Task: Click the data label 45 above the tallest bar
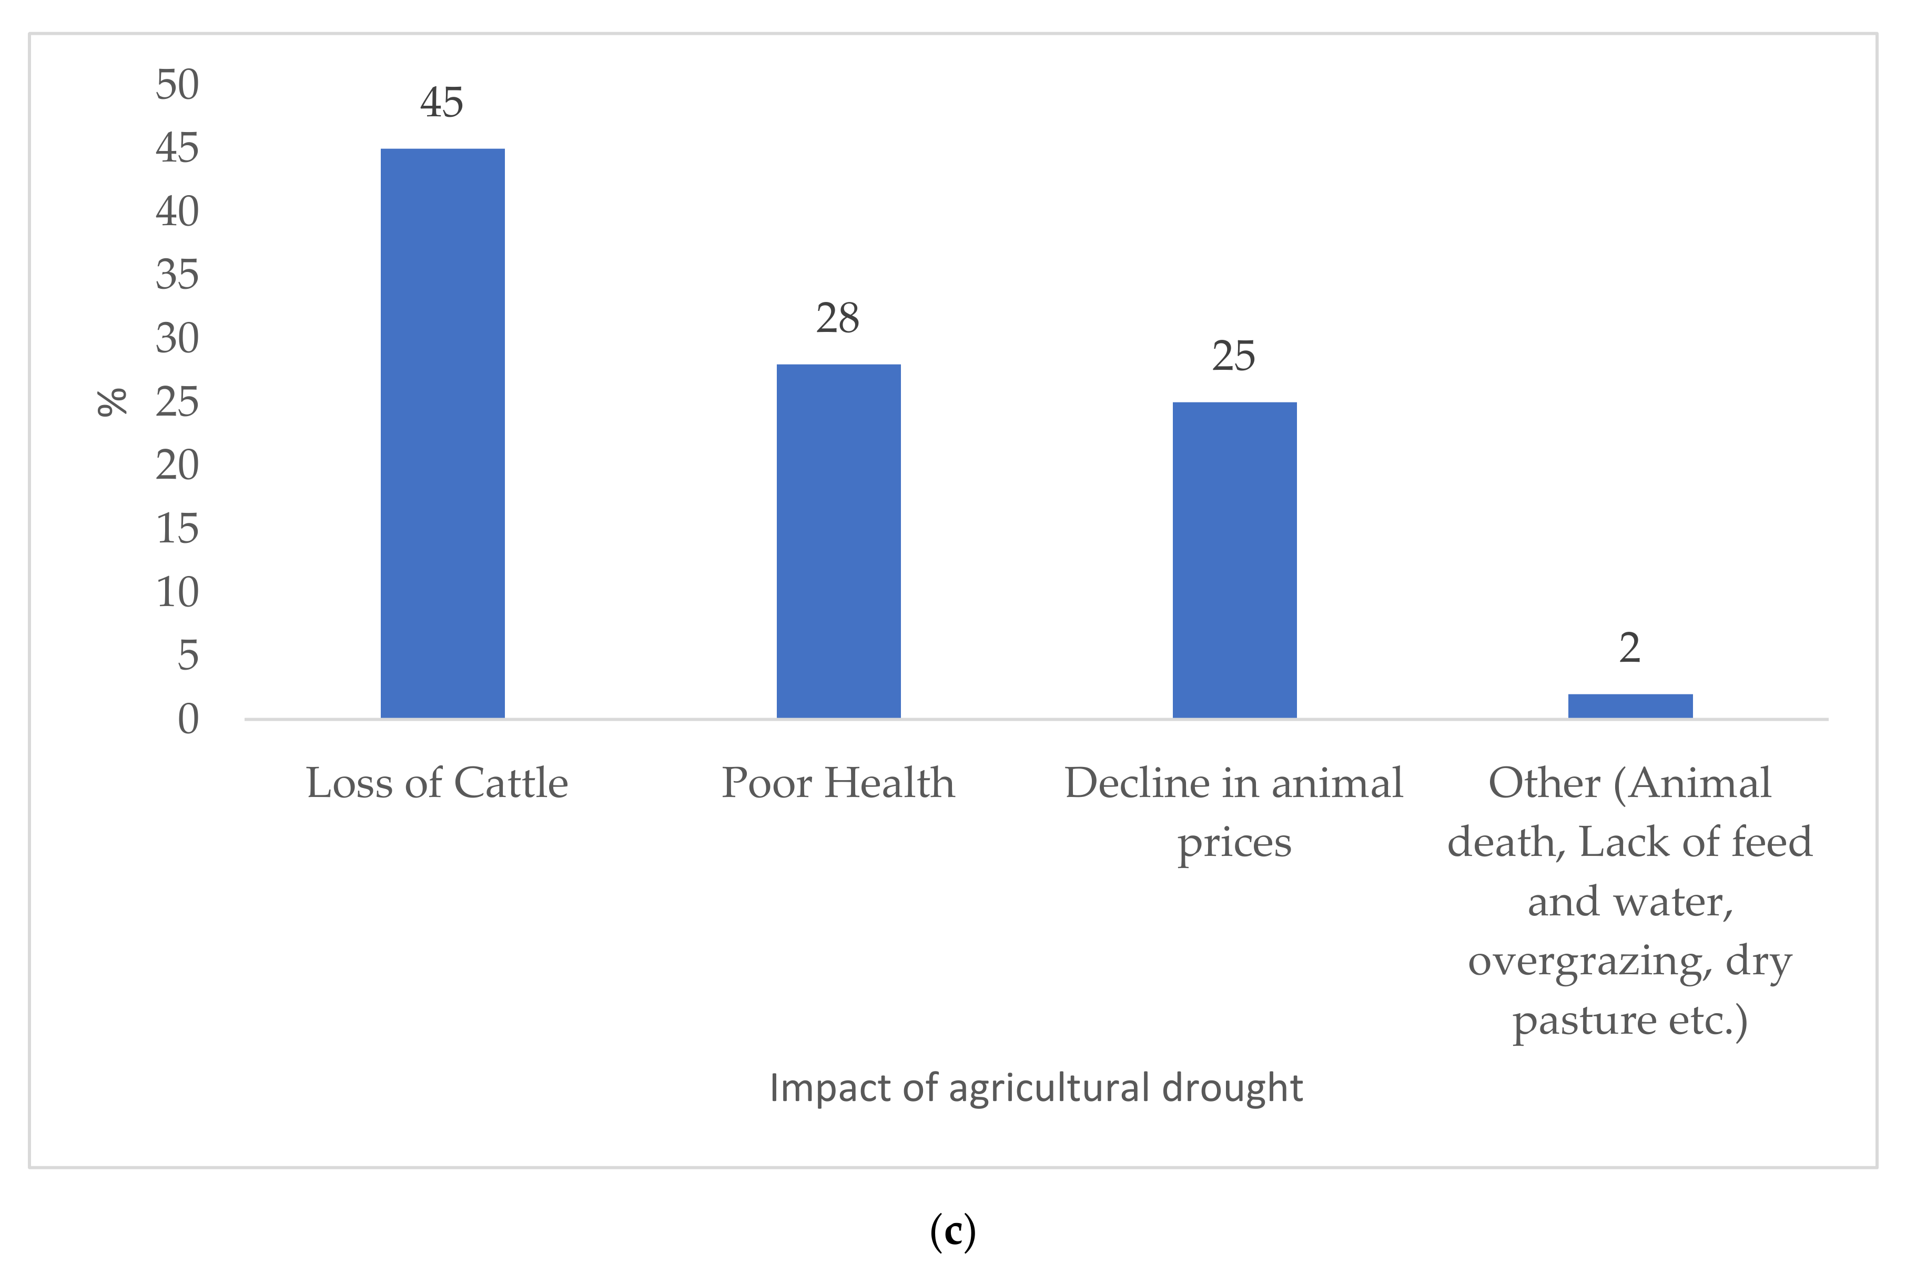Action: click(442, 103)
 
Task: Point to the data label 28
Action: click(838, 318)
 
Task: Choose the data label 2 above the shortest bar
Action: click(1630, 648)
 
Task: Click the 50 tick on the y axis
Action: click(177, 85)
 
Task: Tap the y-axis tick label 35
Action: click(177, 275)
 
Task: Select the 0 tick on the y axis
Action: click(188, 719)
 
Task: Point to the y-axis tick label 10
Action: click(177, 593)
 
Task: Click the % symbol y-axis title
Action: click(112, 402)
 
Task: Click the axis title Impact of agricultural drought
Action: click(1036, 1088)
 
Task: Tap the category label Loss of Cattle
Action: click(437, 783)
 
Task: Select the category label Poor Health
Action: click(838, 783)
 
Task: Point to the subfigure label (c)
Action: click(952, 1231)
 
